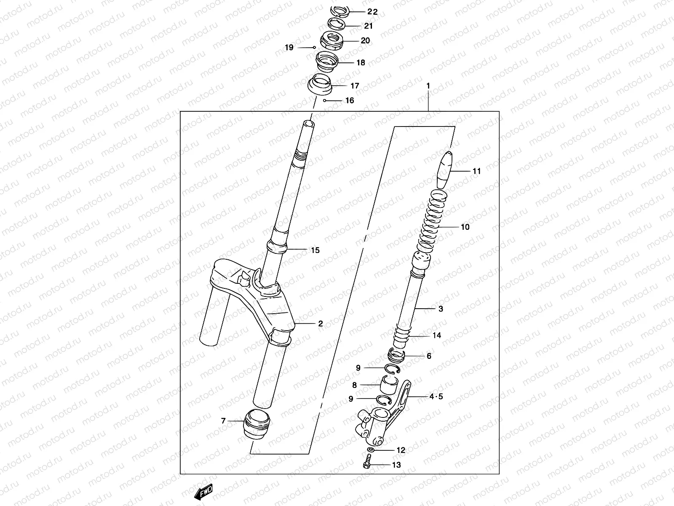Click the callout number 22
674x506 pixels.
(x=372, y=12)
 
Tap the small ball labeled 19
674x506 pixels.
(x=314, y=48)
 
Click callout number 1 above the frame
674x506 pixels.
(x=428, y=86)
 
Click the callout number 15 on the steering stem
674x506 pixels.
(x=315, y=250)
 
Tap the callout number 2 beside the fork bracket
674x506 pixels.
(x=321, y=324)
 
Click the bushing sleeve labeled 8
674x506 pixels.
(x=389, y=385)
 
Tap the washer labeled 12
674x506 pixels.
(x=370, y=451)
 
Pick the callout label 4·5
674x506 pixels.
(x=436, y=396)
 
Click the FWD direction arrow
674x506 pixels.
(x=203, y=492)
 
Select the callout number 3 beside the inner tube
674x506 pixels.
(x=441, y=309)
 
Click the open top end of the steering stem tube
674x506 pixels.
(x=309, y=124)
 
